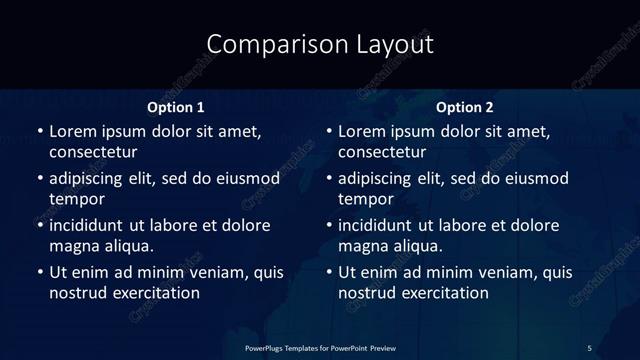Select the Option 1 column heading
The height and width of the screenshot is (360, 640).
176,107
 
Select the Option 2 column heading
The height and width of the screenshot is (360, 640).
466,107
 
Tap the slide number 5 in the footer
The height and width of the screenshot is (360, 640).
589,347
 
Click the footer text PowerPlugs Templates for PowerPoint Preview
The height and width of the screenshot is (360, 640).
320,347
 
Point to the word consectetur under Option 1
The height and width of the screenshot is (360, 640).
93,152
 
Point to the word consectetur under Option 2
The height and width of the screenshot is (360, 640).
383,152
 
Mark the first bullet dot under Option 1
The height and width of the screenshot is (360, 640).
40,132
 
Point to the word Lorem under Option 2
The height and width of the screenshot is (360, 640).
362,131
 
